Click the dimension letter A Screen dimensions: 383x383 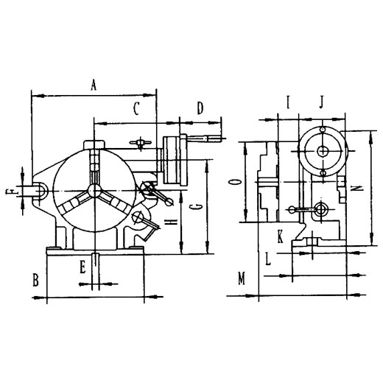point(94,85)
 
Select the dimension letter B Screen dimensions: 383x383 point(35,280)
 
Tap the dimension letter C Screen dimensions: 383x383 point(136,109)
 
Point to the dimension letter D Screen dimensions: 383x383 point(200,108)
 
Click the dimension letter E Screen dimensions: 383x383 point(82,267)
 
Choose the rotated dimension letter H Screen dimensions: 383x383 point(171,222)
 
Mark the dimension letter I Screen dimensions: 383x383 point(289,102)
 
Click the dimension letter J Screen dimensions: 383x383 point(322,102)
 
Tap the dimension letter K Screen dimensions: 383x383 point(280,236)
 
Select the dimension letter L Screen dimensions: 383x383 point(268,259)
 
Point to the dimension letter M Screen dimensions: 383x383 point(242,278)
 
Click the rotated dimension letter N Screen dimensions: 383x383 point(356,189)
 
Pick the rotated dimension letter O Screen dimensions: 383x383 point(235,182)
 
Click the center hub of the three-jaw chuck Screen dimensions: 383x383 point(94,191)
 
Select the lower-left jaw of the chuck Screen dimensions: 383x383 point(73,202)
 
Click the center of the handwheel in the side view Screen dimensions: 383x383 point(323,151)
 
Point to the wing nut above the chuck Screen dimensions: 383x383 point(140,142)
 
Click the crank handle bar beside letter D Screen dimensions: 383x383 point(205,139)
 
